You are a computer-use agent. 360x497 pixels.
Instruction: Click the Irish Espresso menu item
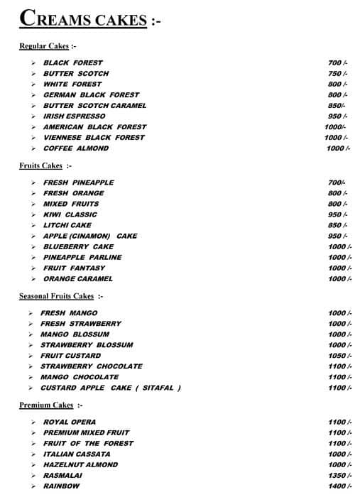tap(74, 116)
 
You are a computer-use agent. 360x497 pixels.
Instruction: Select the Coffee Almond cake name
tap(76, 148)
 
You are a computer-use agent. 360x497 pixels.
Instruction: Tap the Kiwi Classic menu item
tap(70, 214)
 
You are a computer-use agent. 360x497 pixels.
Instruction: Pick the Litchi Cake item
tap(68, 225)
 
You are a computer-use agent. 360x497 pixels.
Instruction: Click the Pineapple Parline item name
tap(82, 257)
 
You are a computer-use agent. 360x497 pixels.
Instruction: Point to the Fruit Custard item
tap(70, 356)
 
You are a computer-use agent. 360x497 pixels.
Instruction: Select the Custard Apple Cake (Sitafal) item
tap(110, 388)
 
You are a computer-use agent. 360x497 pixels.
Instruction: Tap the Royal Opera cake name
tap(70, 422)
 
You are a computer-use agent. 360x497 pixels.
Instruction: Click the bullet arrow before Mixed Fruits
tap(33, 204)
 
